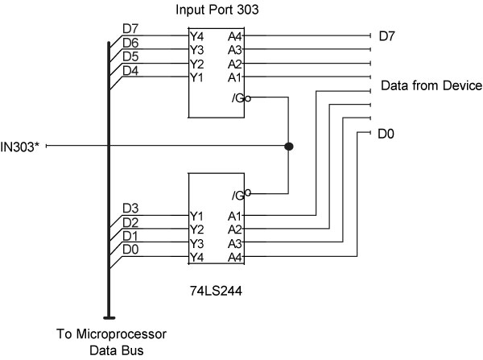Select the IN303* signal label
coord(22,146)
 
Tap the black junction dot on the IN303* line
coord(288,147)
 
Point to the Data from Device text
coord(431,85)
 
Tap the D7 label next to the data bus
coord(130,29)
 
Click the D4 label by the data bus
coord(130,70)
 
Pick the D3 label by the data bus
coord(130,209)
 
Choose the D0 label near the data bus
coord(130,250)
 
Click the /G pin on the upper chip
coord(240,98)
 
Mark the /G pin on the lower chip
coord(240,194)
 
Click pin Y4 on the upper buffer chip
coord(196,36)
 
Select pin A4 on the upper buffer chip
coord(234,36)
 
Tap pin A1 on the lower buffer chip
coord(234,216)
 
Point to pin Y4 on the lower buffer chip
coord(196,257)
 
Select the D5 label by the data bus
coord(130,56)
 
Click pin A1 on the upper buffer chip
coord(234,77)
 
